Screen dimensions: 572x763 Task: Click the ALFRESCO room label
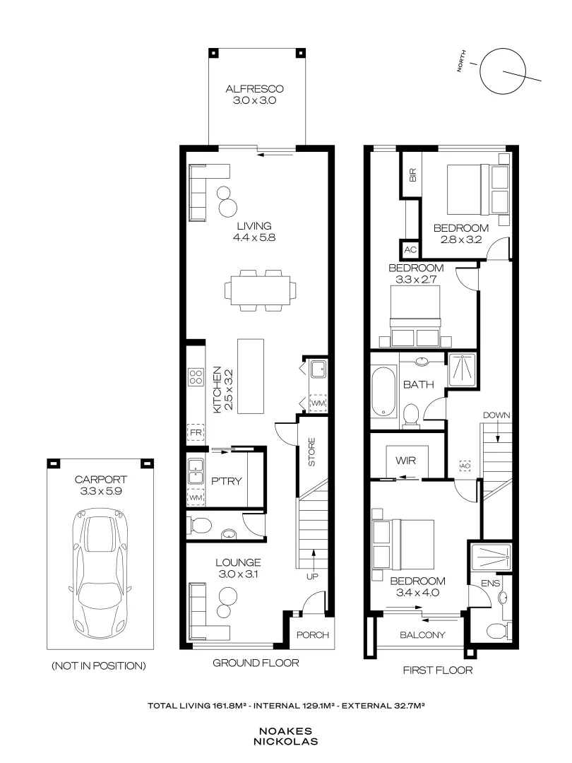pyautogui.click(x=254, y=89)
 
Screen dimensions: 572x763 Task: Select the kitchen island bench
pyautogui.click(x=251, y=376)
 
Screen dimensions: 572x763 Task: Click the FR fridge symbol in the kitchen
pyautogui.click(x=196, y=432)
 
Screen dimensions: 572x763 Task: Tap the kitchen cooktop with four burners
pyautogui.click(x=196, y=377)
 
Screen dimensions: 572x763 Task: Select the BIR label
pyautogui.click(x=413, y=175)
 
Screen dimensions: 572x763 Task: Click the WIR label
pyautogui.click(x=405, y=461)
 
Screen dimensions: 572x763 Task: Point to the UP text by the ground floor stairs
pyautogui.click(x=312, y=576)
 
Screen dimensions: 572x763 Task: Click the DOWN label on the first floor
pyautogui.click(x=496, y=415)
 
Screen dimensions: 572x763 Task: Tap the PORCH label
pyautogui.click(x=313, y=635)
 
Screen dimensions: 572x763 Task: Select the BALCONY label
pyautogui.click(x=422, y=635)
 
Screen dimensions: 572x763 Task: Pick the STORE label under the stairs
pyautogui.click(x=312, y=452)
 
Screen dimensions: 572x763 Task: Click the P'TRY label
pyautogui.click(x=227, y=481)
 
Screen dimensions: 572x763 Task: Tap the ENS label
pyautogui.click(x=490, y=583)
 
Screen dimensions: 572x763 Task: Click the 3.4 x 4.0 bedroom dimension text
pyautogui.click(x=418, y=593)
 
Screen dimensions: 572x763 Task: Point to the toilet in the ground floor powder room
pyautogui.click(x=200, y=525)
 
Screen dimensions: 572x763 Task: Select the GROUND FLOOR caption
pyautogui.click(x=256, y=663)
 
